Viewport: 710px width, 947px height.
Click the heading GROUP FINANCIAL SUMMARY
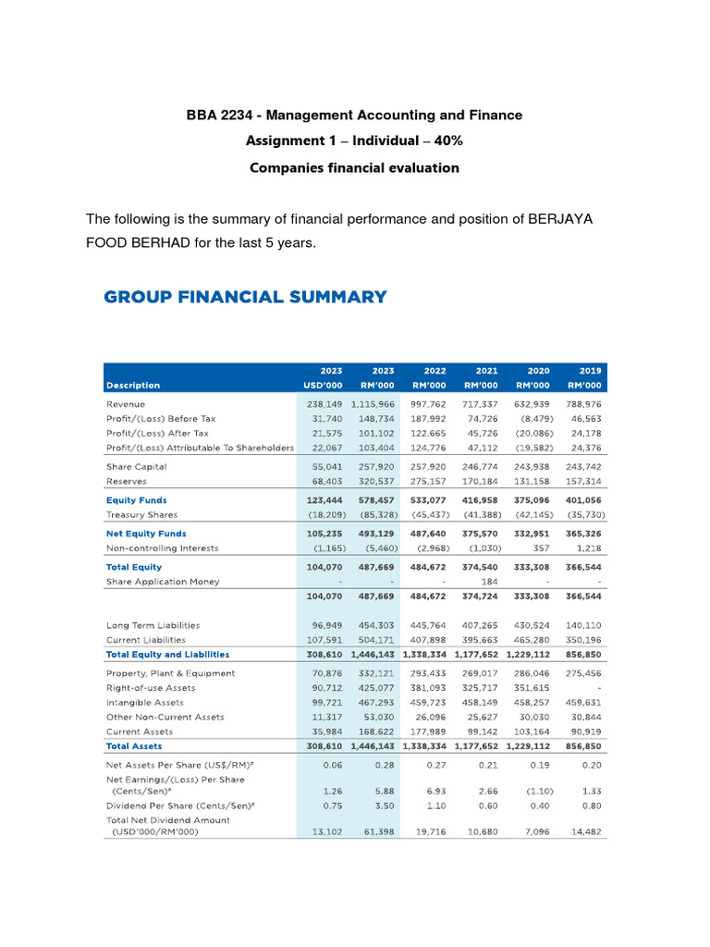[245, 297]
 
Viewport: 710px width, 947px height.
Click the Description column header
[133, 385]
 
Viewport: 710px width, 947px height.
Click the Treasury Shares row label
[141, 514]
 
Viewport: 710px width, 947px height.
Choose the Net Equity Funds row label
[146, 534]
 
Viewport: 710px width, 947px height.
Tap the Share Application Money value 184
[491, 582]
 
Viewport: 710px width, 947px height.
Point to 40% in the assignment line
[447, 141]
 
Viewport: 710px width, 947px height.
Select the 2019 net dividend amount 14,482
[585, 831]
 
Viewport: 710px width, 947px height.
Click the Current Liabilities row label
[146, 639]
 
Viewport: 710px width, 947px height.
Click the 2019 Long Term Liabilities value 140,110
[582, 625]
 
